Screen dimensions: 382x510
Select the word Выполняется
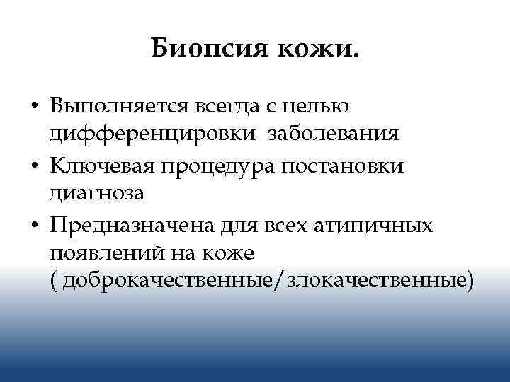(115, 107)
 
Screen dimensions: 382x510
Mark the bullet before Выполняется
(35, 108)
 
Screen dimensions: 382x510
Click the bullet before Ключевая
(35, 167)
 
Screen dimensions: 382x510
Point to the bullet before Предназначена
(35, 226)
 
